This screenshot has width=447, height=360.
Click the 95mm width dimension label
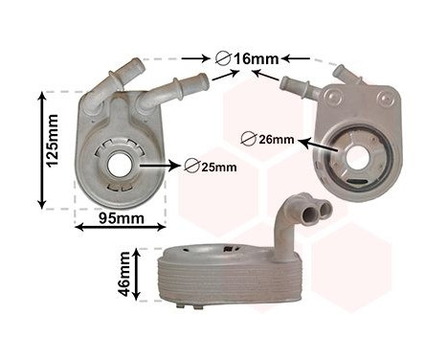121,219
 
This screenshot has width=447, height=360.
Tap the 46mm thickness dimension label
124,276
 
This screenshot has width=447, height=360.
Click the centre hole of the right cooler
358,157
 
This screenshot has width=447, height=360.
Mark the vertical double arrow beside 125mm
41,149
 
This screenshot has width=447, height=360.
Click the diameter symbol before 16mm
224,58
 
